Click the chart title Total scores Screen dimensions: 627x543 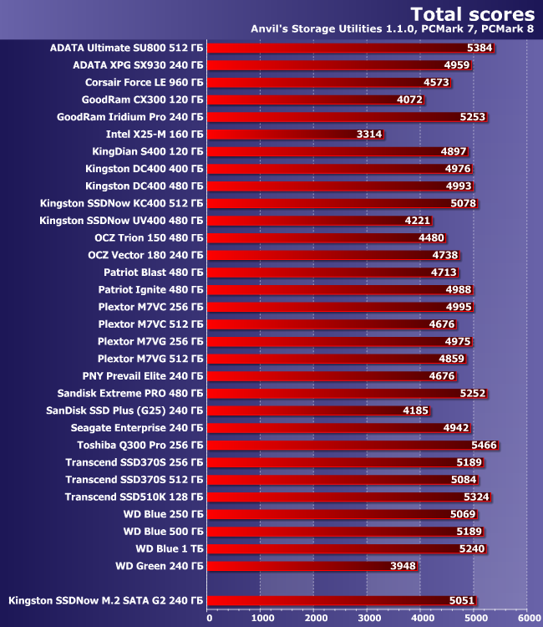coord(474,14)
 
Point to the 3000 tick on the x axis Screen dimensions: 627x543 coord(368,618)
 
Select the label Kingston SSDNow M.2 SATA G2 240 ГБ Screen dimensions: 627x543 coord(106,600)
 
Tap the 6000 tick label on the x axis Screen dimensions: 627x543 coord(528,618)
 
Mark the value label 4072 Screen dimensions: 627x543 coord(411,99)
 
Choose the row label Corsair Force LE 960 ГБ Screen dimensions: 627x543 coord(145,82)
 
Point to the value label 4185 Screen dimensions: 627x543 coord(417,410)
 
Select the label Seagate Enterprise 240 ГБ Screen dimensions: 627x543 coord(136,427)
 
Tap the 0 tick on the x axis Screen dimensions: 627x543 coord(209,618)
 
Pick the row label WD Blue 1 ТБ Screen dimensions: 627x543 coord(170,548)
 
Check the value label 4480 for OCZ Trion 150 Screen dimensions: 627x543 coord(432,237)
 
